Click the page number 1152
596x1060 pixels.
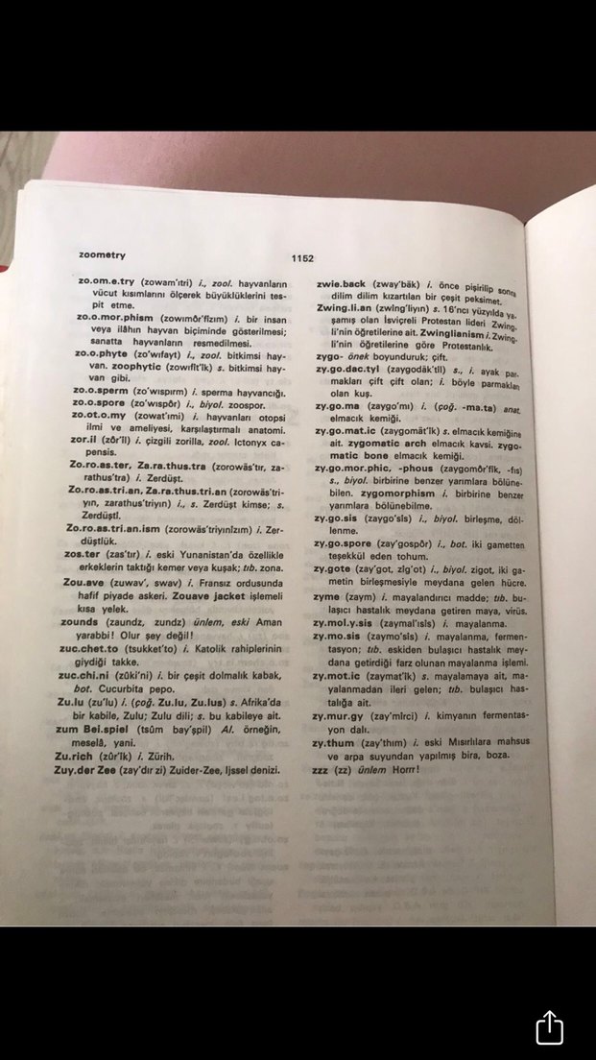click(x=304, y=258)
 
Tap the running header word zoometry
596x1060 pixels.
click(x=103, y=255)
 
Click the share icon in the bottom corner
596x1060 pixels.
click(x=549, y=1026)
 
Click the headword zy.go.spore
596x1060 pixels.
click(x=349, y=542)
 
